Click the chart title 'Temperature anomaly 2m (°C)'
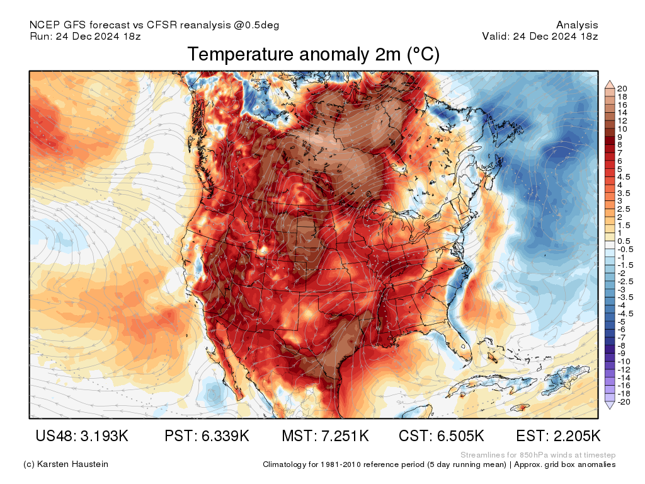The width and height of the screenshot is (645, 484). point(313,55)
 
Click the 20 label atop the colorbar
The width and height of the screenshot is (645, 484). point(622,88)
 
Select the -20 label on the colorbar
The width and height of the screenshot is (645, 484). point(623,402)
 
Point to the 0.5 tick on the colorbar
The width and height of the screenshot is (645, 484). point(623,241)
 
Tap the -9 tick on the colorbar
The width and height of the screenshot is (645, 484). point(622,353)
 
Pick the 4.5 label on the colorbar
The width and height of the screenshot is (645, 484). point(623,176)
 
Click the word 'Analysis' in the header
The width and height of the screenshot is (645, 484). point(577,25)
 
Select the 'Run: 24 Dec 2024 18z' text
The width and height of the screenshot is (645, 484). point(84,36)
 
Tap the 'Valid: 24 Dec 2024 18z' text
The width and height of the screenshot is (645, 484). point(540,36)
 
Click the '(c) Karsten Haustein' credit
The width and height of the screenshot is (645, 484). point(66,464)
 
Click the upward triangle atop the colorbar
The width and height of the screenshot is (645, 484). point(610,84)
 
